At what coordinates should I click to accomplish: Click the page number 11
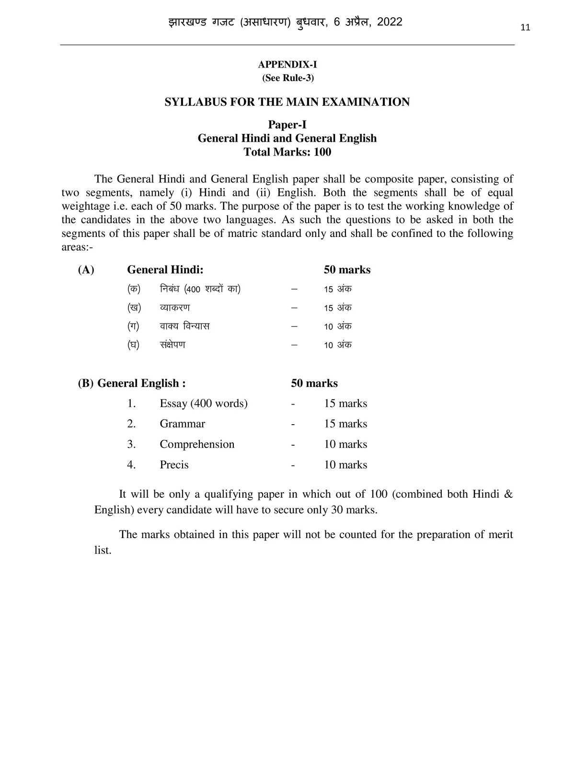[525, 28]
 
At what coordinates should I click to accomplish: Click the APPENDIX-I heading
[287, 65]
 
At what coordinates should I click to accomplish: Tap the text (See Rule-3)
[287, 78]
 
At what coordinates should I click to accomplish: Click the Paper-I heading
[287, 125]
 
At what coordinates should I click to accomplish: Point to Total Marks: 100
[287, 152]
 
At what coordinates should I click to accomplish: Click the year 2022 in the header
[390, 22]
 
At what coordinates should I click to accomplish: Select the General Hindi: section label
[165, 270]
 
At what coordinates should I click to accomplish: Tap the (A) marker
[86, 270]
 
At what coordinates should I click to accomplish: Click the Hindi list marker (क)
[133, 289]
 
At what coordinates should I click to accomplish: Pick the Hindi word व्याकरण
[175, 308]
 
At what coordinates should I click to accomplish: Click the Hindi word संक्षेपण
[172, 345]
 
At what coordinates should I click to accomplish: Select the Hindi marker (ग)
[133, 327]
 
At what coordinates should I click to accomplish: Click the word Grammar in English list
[182, 424]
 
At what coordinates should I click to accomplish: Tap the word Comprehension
[197, 445]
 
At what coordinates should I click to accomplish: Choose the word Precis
[174, 465]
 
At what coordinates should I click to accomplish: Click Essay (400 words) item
[204, 404]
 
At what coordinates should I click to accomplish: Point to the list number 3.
[131, 445]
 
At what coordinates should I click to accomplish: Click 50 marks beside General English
[314, 383]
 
